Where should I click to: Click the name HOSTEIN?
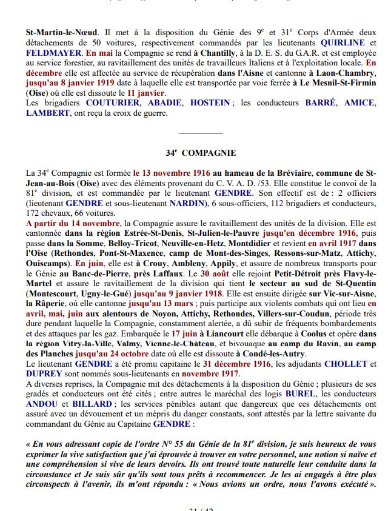click(210, 103)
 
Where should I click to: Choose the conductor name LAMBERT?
click(48, 113)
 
